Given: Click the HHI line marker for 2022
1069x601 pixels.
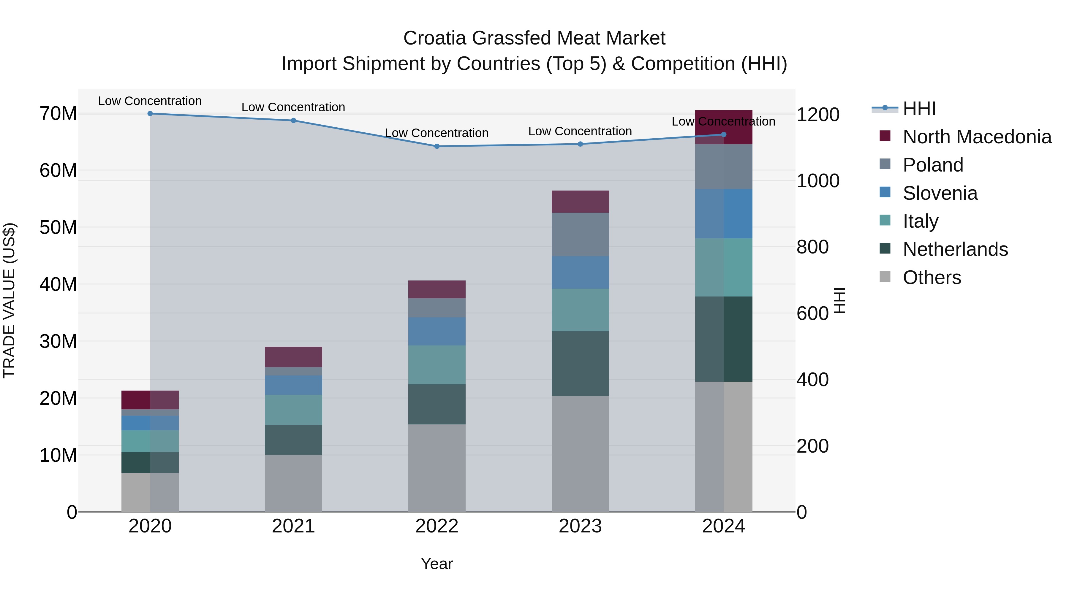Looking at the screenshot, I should click(437, 146).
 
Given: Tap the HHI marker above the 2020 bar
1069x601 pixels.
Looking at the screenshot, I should click(150, 114).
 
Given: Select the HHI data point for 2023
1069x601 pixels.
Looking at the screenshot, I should click(580, 144).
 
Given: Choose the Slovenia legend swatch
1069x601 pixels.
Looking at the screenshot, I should click(885, 192).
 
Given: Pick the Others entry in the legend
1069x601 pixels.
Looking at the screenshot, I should click(932, 277).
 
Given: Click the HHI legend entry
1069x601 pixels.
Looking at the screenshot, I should click(919, 109).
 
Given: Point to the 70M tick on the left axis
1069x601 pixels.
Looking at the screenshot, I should click(58, 114).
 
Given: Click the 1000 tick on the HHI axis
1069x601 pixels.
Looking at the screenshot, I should click(817, 181).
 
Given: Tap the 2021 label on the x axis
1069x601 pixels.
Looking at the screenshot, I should click(293, 526).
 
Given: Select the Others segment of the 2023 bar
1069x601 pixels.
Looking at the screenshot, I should click(580, 454).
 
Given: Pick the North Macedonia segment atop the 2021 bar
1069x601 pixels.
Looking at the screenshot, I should click(293, 357).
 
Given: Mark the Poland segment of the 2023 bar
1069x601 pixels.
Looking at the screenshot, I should click(580, 234).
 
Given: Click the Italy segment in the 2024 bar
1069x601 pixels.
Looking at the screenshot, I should click(723, 267).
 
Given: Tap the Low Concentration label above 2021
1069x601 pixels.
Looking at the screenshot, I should click(293, 107).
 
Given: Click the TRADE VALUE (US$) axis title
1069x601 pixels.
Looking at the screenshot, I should click(9, 300).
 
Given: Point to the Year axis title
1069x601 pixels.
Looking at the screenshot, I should click(437, 564).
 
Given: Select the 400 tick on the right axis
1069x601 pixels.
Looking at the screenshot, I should click(812, 380).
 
